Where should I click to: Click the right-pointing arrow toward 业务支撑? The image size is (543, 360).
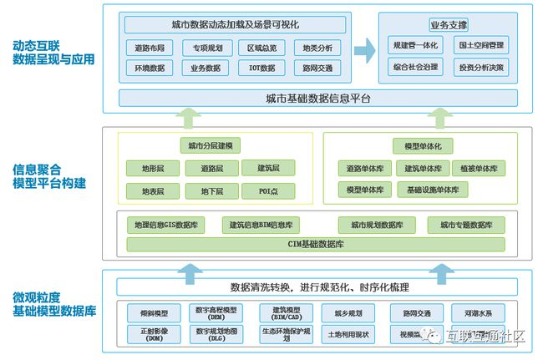click(363, 52)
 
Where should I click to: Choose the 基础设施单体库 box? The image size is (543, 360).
click(433, 190)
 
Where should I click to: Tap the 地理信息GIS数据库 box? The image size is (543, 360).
click(166, 225)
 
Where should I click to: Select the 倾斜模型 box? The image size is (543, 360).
click(154, 313)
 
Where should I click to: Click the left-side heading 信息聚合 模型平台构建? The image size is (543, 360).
click(48, 178)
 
